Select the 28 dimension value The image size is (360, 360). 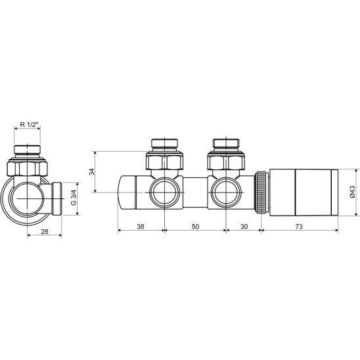(x=45, y=231)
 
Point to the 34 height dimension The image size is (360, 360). (x=92, y=171)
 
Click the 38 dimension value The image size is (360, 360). (x=141, y=227)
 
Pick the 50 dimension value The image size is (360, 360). (x=195, y=227)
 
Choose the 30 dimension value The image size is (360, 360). (x=244, y=227)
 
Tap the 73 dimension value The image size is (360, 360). (x=299, y=227)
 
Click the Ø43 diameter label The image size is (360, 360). (x=352, y=192)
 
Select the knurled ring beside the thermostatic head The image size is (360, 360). (x=262, y=192)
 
